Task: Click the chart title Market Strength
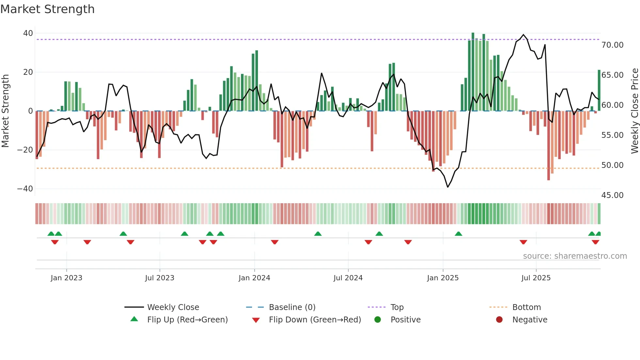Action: (x=47, y=9)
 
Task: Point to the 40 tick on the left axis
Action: (x=28, y=33)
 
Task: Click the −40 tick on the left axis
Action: (x=25, y=189)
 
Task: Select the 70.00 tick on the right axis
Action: (x=612, y=45)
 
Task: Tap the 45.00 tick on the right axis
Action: (x=612, y=195)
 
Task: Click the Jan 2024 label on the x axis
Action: (x=254, y=278)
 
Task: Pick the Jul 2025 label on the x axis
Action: (x=536, y=278)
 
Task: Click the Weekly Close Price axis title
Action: (x=634, y=111)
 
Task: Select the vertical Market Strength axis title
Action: (x=6, y=111)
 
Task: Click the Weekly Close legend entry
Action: (x=173, y=307)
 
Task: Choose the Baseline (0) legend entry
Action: (x=292, y=307)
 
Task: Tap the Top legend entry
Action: (x=397, y=307)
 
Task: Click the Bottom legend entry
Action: (x=526, y=307)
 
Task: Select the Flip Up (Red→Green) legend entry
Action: (x=187, y=320)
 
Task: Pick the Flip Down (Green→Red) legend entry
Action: (x=315, y=320)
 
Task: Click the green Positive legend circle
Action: (x=378, y=320)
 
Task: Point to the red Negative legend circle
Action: (x=499, y=320)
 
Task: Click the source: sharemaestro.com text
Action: (x=575, y=256)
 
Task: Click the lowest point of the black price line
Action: (x=448, y=187)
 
